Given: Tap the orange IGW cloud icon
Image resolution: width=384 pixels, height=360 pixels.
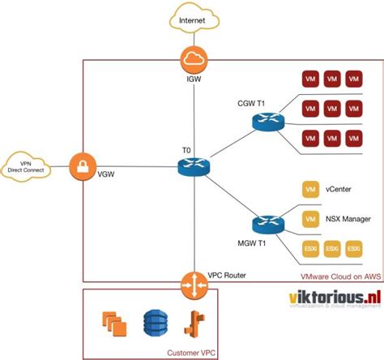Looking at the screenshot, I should pyautogui.click(x=194, y=58).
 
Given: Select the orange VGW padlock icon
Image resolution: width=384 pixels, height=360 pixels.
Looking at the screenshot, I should pyautogui.click(x=83, y=168).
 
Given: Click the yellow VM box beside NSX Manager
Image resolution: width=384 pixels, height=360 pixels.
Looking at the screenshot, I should pyautogui.click(x=309, y=219).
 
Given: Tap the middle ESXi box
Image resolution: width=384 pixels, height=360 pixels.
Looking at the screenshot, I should pyautogui.click(x=331, y=248).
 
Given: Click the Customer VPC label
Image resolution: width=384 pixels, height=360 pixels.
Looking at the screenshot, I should pyautogui.click(x=192, y=352).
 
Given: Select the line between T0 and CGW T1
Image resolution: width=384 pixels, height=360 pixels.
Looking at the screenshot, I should pyautogui.click(x=230, y=144).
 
